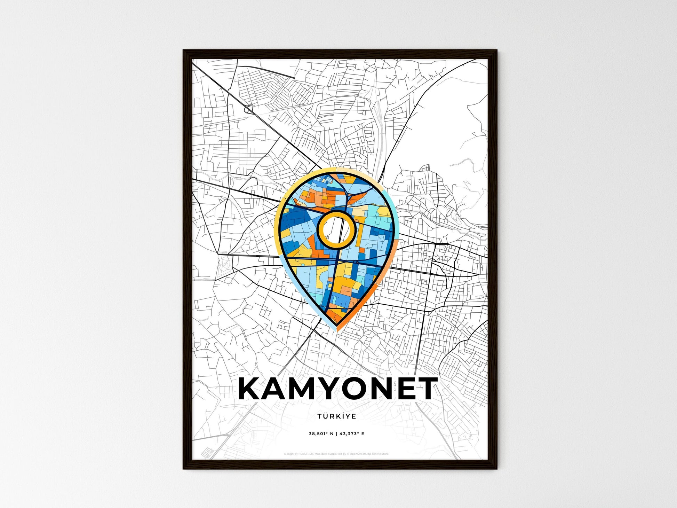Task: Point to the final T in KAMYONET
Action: coord(425,389)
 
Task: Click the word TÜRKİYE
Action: coord(336,416)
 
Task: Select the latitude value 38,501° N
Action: coord(321,433)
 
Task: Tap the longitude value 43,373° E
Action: coord(352,433)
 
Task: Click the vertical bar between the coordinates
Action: coord(337,433)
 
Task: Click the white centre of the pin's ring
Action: coord(336,230)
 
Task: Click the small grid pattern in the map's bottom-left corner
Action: coord(208,453)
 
